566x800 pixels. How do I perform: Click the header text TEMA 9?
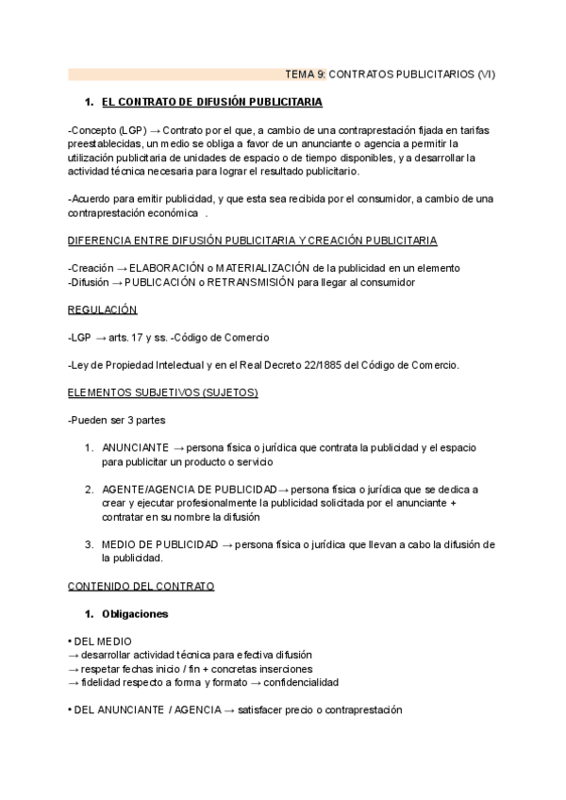pyautogui.click(x=306, y=74)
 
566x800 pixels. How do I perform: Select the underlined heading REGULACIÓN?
pyautogui.click(x=103, y=309)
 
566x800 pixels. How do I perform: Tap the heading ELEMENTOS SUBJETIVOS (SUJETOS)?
pyautogui.click(x=162, y=392)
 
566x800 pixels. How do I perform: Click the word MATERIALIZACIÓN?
pyautogui.click(x=263, y=268)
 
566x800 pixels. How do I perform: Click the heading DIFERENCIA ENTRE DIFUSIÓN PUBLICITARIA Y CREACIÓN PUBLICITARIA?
pyautogui.click(x=252, y=241)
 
